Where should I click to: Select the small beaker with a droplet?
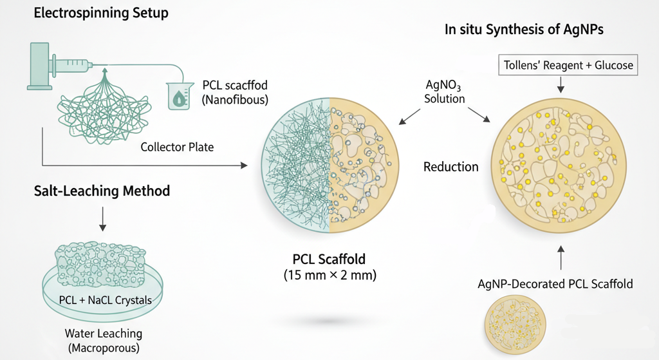[179, 95]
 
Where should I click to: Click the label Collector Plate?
[177, 147]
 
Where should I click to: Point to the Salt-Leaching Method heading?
[103, 191]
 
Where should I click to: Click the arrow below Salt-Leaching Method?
[103, 221]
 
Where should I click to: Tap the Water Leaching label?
[104, 334]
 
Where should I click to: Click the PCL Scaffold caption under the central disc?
[329, 260]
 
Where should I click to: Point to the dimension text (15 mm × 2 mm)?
[329, 275]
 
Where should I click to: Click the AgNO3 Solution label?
[444, 91]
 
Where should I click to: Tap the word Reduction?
[450, 167]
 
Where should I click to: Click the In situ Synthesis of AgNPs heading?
[524, 30]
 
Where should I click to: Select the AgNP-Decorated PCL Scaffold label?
[555, 283]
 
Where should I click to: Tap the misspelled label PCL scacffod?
[234, 85]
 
